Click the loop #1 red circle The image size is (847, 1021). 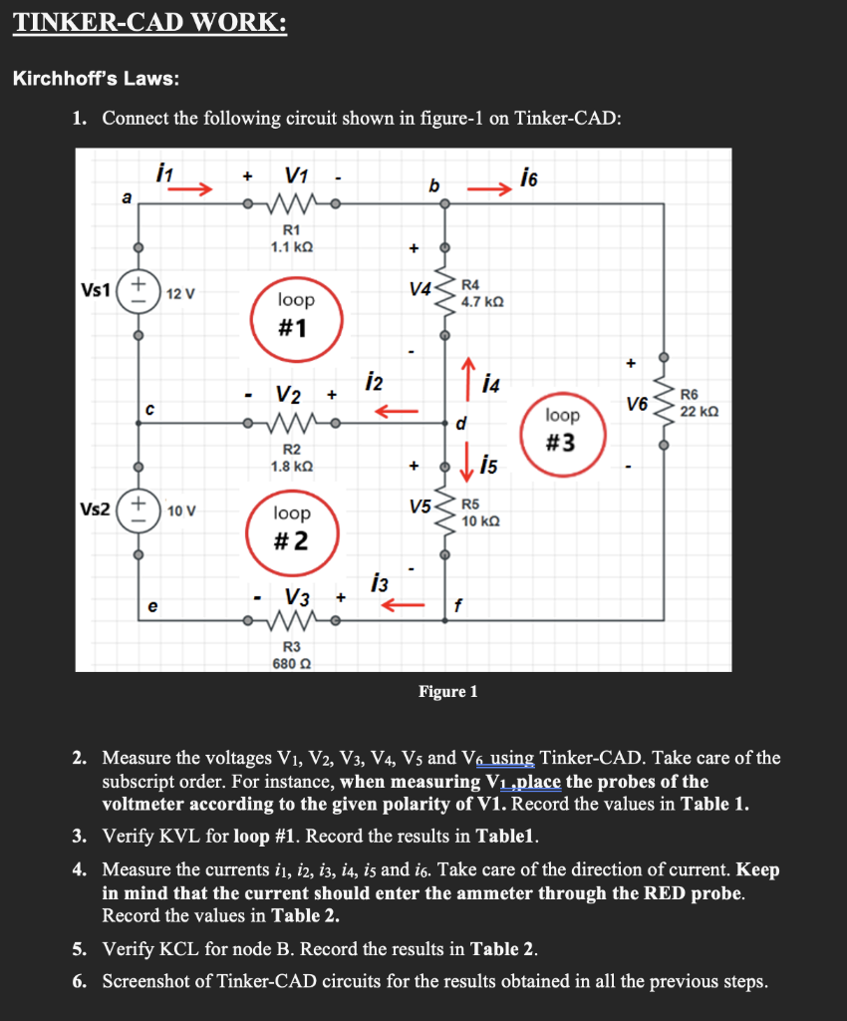[296, 313]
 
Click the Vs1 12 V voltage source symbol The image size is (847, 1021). [139, 292]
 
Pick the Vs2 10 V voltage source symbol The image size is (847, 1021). [139, 509]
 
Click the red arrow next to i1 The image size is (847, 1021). [196, 186]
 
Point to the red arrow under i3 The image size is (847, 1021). [405, 604]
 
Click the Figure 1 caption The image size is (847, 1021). [448, 691]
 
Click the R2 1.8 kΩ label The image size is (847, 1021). [293, 457]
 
